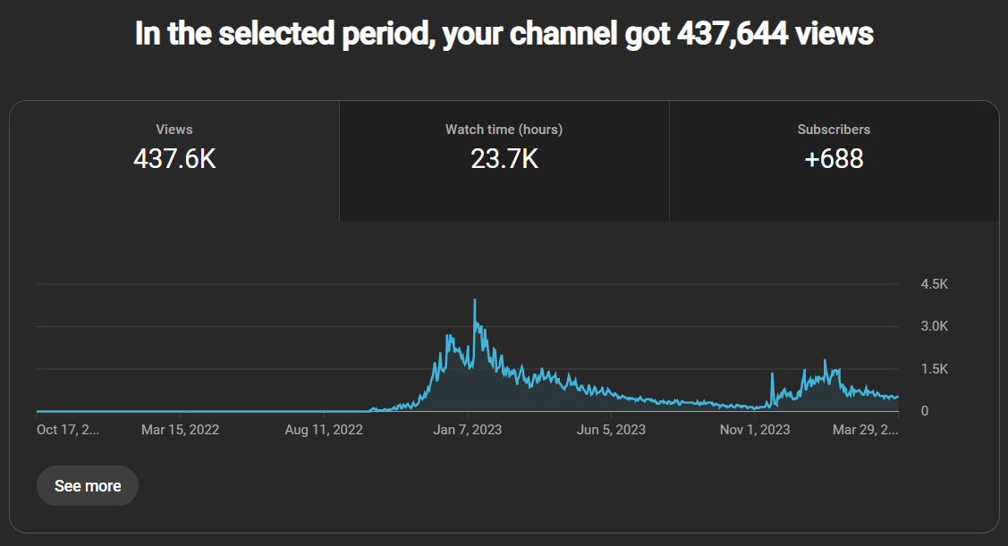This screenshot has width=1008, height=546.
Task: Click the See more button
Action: pos(88,486)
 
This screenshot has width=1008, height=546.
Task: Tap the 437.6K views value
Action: pos(174,159)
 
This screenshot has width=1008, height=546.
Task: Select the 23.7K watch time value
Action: pos(504,159)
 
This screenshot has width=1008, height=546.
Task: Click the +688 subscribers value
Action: pos(834,159)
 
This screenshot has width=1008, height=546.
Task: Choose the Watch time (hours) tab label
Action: pos(504,130)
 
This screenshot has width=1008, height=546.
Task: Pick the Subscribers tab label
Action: pos(834,130)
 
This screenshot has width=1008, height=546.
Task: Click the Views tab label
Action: pos(174,130)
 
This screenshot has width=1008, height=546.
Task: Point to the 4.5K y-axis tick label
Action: pos(934,284)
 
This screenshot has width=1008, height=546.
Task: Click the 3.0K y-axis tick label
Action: pos(934,326)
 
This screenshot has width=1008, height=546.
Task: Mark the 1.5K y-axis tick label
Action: pos(934,369)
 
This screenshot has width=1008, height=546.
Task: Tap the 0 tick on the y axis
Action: pos(925,411)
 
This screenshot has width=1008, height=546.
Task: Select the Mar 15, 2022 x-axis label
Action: pos(180,430)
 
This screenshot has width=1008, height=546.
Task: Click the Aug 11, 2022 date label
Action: pos(324,430)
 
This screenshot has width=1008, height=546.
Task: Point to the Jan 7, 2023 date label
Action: pos(468,430)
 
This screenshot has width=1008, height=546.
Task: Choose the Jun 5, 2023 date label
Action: pos(612,430)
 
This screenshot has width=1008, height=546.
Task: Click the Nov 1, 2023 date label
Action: pos(756,430)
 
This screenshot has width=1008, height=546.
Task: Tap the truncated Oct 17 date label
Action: pos(69,430)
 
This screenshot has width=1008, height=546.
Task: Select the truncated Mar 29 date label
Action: pos(865,430)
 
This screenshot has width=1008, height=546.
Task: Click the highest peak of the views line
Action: pos(475,300)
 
